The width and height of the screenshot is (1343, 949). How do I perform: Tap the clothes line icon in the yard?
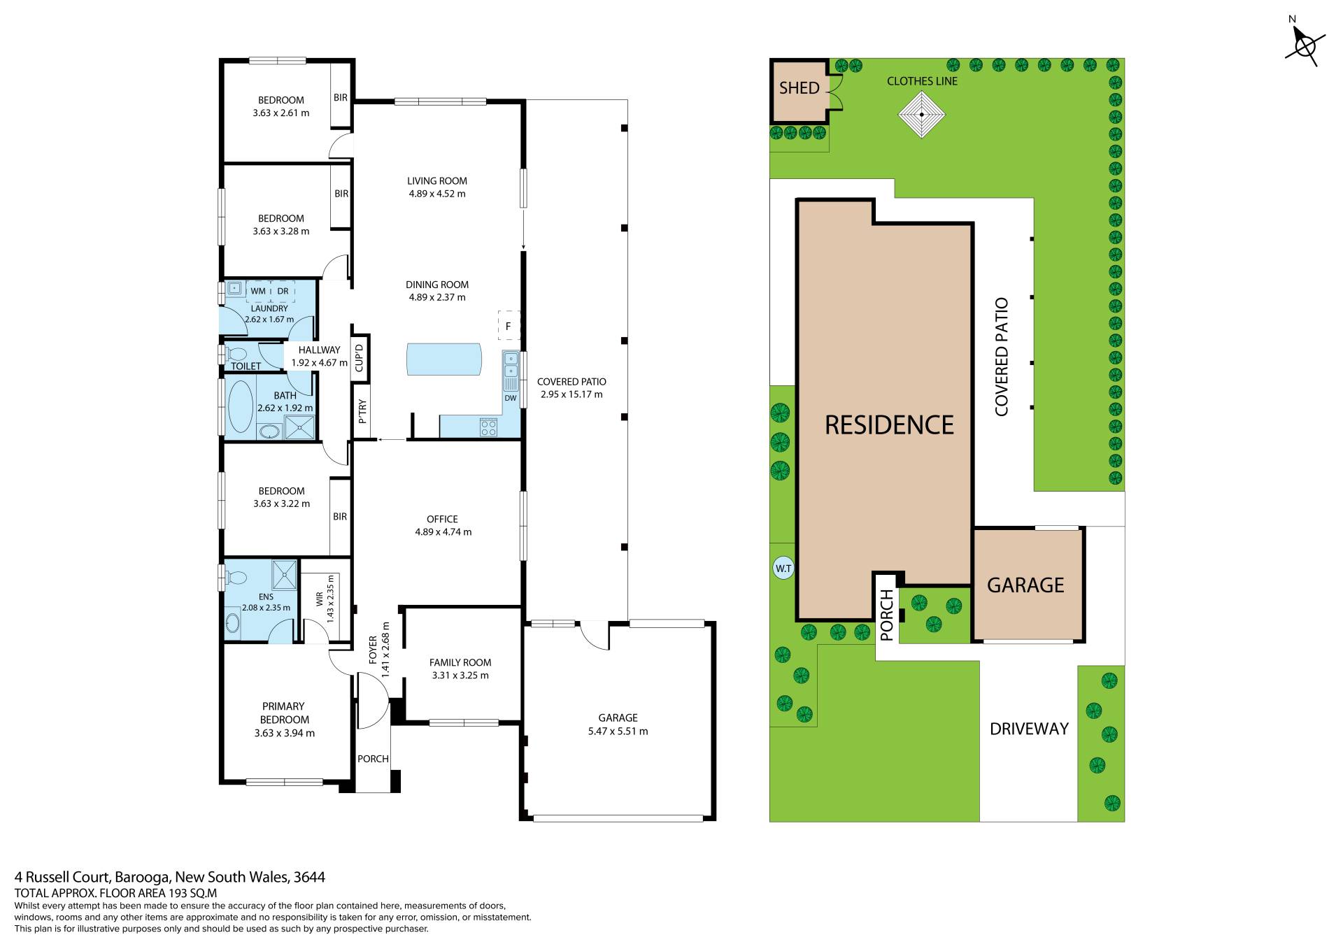pos(922,115)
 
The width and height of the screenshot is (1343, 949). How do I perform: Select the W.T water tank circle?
pos(783,569)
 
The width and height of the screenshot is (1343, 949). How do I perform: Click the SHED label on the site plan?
pos(799,88)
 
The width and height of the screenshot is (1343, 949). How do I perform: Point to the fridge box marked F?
pos(509,326)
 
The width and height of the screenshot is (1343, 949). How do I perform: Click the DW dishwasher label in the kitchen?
pos(511,398)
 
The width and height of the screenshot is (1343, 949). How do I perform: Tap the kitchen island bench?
pos(444,359)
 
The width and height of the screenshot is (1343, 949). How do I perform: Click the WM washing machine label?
pos(258,291)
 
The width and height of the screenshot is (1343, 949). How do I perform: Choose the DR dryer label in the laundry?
pos(283,291)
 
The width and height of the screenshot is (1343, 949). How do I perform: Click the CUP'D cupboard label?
pos(360,359)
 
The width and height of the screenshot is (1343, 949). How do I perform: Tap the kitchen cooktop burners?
pos(488,427)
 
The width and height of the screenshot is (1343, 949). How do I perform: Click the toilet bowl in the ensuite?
pos(237,578)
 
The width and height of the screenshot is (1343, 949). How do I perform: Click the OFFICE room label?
pos(442,519)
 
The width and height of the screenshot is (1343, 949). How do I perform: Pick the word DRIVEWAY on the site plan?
pos(1029,729)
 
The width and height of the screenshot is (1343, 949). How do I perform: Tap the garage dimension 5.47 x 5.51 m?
pos(618,732)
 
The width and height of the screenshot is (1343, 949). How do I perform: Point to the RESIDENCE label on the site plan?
pos(889,424)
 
